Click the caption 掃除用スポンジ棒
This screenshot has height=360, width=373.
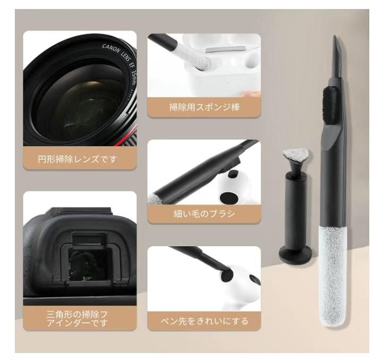coord(204,107)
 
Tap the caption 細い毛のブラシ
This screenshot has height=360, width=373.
coord(204,214)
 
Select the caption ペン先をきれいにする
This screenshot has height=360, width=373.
coord(205,321)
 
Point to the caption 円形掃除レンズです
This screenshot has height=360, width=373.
coord(80,159)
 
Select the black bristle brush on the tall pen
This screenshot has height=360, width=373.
coord(329,101)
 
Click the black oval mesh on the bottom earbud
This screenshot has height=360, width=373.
coord(225,275)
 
